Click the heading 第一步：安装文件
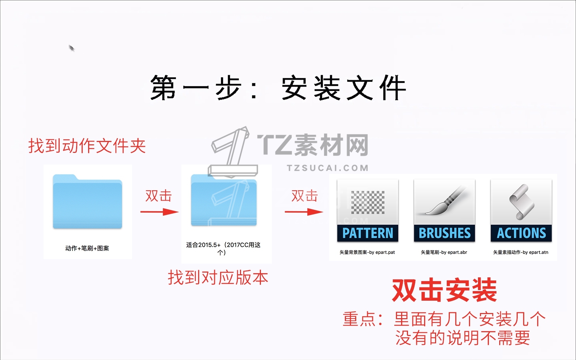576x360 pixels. (x=278, y=87)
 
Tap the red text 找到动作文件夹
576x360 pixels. (x=87, y=146)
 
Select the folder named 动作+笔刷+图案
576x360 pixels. (x=87, y=201)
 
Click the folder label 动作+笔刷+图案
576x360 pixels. (x=87, y=248)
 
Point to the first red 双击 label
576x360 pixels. (x=158, y=196)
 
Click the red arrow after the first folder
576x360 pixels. (x=159, y=212)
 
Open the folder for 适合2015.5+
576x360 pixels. (x=224, y=200)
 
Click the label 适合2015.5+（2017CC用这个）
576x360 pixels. (x=223, y=248)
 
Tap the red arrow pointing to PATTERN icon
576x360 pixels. (x=304, y=212)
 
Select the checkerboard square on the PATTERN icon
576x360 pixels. (x=368, y=202)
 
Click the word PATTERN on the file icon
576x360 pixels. (x=368, y=233)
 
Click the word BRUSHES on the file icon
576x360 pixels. (x=445, y=233)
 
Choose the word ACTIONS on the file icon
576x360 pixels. (x=521, y=233)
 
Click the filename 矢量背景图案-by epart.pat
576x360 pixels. (x=367, y=252)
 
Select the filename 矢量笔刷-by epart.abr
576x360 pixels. (x=444, y=252)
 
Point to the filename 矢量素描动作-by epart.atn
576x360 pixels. (x=521, y=252)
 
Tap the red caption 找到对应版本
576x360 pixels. (x=218, y=278)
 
